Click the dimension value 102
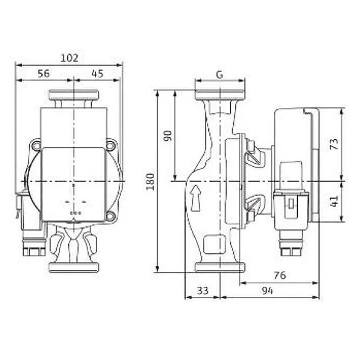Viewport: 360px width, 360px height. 69,58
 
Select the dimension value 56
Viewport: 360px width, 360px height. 44,73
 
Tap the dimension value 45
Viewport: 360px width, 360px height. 98,73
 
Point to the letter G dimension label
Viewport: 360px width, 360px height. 220,75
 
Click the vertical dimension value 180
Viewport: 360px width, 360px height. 150,182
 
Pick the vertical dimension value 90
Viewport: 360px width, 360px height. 168,136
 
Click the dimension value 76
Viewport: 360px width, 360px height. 280,275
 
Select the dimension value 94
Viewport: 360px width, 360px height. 267,291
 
